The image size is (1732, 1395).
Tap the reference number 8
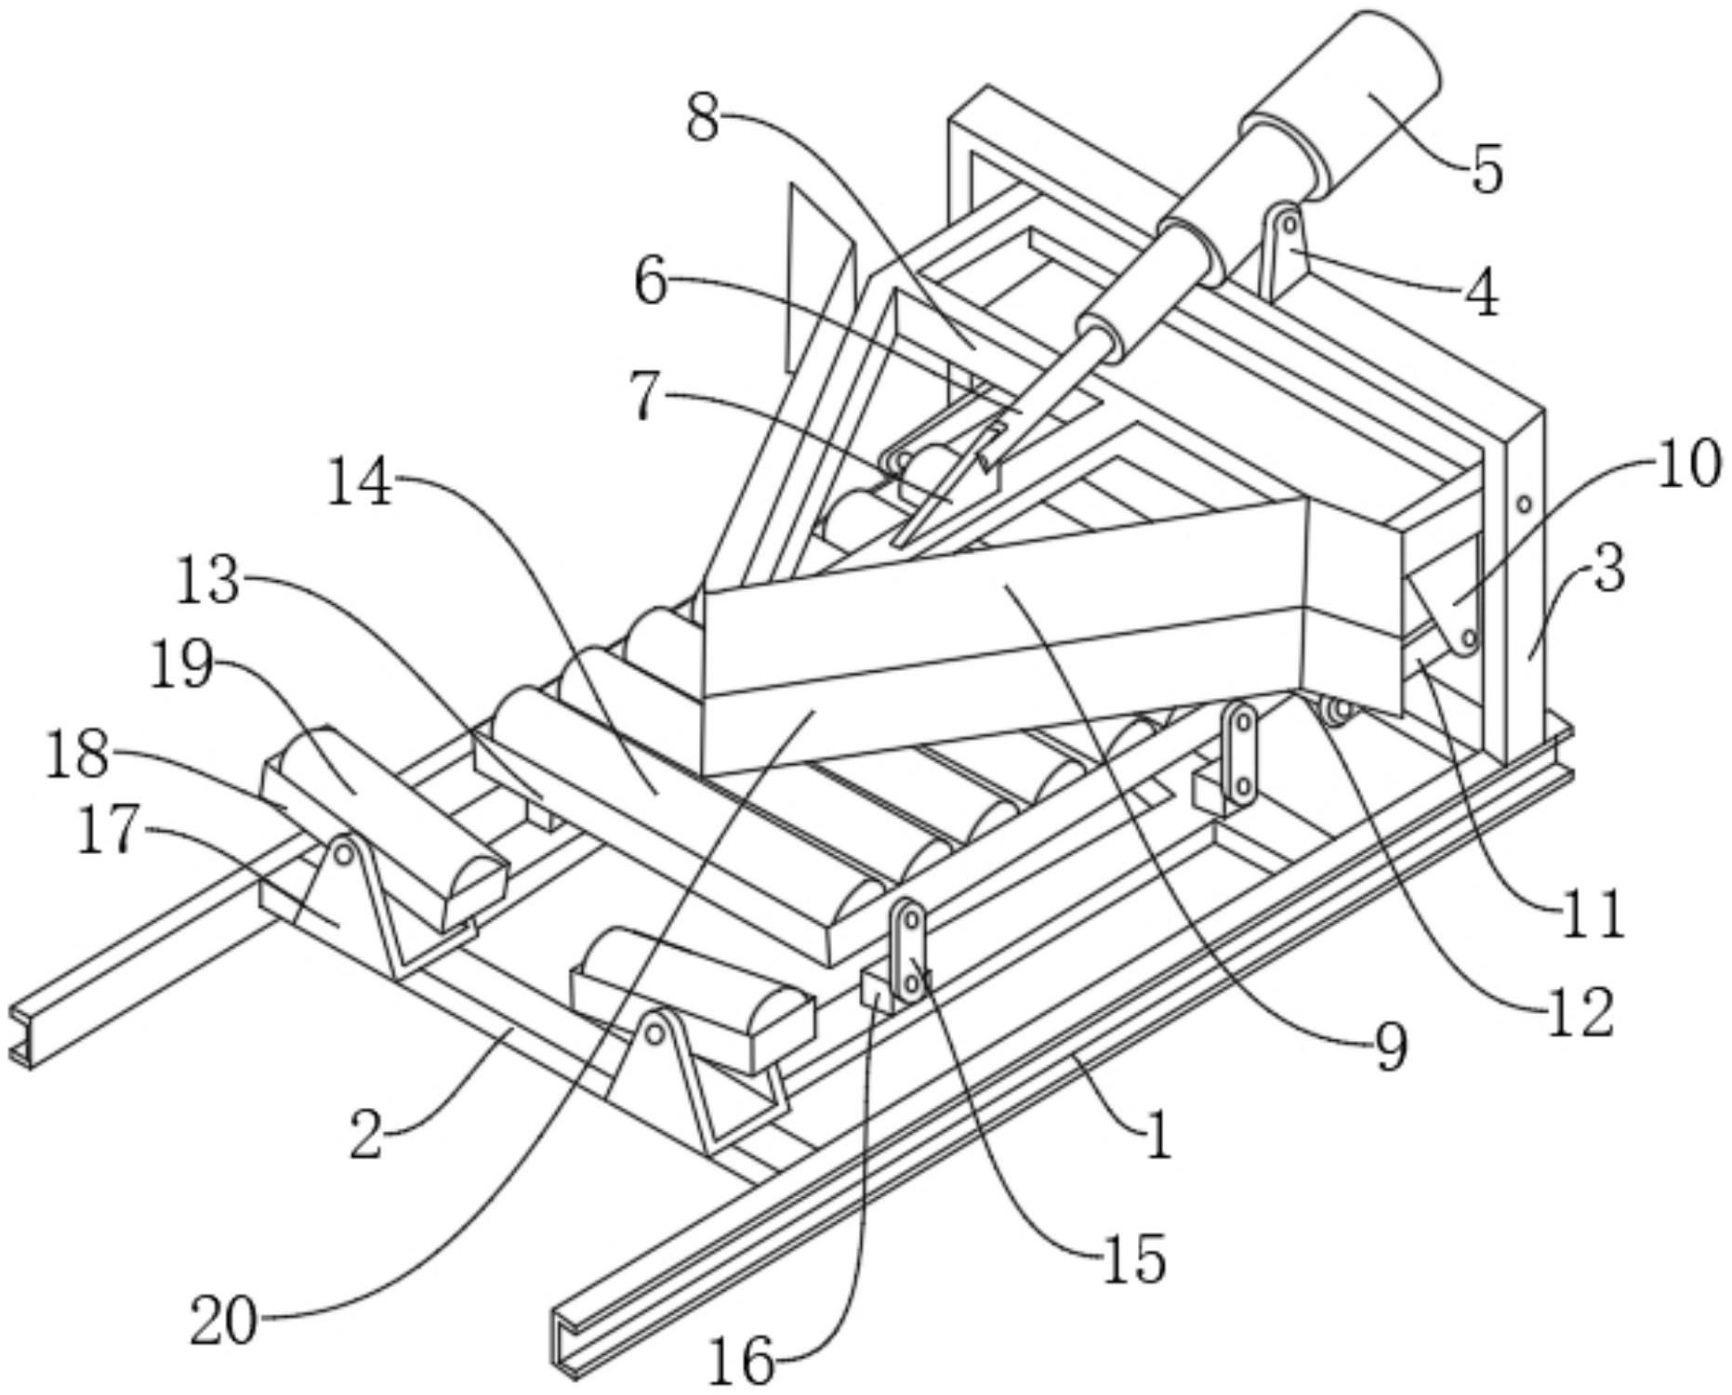click(703, 119)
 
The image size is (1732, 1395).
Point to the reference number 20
click(223, 1323)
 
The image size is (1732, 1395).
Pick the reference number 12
click(1580, 1012)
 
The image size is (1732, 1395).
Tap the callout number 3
click(1609, 569)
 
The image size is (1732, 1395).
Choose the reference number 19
click(182, 666)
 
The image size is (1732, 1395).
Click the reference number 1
click(1158, 1136)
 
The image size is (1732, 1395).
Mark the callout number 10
click(1687, 464)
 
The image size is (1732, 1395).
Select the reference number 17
click(109, 832)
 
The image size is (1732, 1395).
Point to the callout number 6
click(651, 281)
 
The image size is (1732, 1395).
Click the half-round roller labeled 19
click(386, 827)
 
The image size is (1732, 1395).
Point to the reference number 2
click(366, 1138)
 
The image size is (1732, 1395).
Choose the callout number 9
click(1391, 1047)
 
